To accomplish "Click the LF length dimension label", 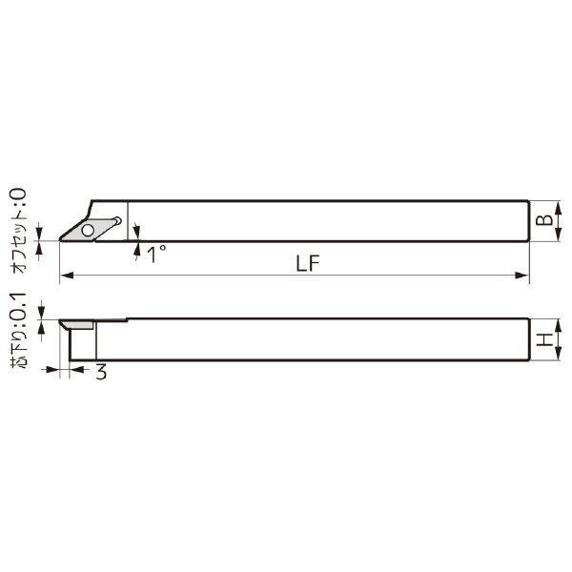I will pyautogui.click(x=306, y=264).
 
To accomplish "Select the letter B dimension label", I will pyautogui.click(x=543, y=220).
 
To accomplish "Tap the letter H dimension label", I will pyautogui.click(x=543, y=340).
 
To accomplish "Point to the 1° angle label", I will pyautogui.click(x=156, y=254).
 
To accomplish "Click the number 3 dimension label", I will pyautogui.click(x=101, y=373).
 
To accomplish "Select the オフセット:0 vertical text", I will pyautogui.click(x=19, y=231).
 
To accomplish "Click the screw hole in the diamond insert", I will pyautogui.click(x=89, y=229).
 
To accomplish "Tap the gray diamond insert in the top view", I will pyautogui.click(x=93, y=228).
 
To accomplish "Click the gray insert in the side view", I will pyautogui.click(x=78, y=325).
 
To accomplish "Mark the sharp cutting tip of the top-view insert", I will pyautogui.click(x=61, y=239).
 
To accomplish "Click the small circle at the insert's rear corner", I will pyautogui.click(x=118, y=221).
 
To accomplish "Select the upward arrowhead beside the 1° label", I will pyautogui.click(x=137, y=249).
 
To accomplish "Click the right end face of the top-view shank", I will pyautogui.click(x=528, y=221).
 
